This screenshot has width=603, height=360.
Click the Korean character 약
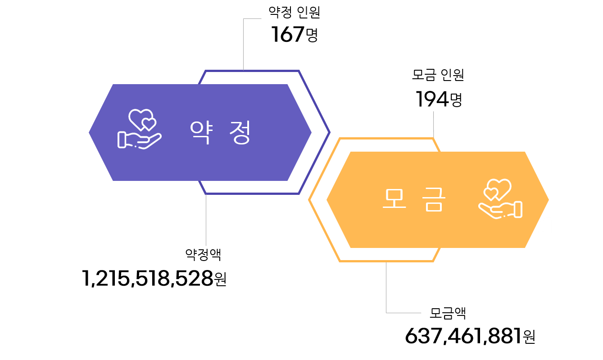pos(200,132)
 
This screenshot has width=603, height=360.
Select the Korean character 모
pos(394,198)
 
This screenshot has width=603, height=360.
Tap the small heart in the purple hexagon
pos(149,124)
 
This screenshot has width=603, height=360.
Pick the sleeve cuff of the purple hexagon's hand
pos(122,139)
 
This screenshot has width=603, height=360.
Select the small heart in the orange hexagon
pos(490,194)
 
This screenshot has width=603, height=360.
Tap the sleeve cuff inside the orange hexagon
pos(518,209)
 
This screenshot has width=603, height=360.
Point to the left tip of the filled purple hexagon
pos(90,132)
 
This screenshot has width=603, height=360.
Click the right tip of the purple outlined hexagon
pos(329,132)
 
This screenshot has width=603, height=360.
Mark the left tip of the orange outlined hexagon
pos(309,200)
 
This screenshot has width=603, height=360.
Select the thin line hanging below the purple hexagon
pos(206,220)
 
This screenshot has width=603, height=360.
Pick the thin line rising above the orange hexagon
pos(433,124)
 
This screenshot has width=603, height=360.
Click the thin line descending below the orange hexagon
pos(386,288)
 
